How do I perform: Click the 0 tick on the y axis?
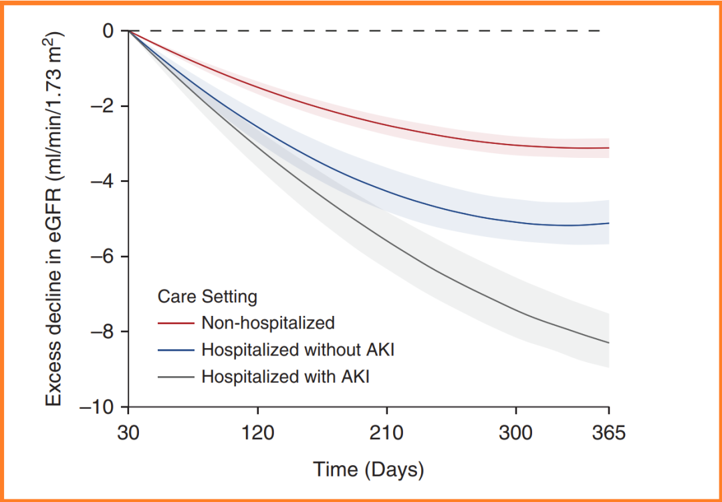(108, 31)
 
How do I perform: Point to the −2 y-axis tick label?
(102, 106)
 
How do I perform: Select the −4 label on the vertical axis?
(102, 181)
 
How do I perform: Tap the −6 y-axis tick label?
(102, 257)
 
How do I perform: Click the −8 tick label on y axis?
(102, 332)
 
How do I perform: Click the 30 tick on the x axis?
(129, 433)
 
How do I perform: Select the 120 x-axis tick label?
(258, 433)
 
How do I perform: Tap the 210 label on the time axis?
(386, 433)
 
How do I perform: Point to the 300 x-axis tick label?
(515, 433)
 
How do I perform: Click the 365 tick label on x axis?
(608, 433)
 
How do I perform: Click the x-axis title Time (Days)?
(368, 469)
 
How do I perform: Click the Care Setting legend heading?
(207, 296)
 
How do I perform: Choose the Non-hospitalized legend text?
(267, 323)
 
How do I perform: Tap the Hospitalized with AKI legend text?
(285, 376)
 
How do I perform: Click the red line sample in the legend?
(176, 323)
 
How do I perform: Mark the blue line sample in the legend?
(176, 350)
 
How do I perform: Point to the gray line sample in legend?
(176, 377)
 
